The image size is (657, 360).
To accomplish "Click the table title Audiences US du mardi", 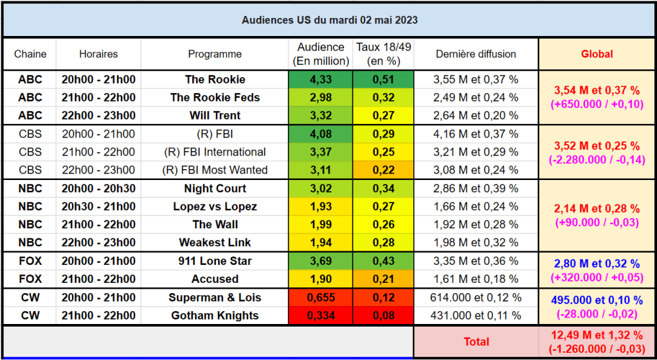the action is coord(300,20).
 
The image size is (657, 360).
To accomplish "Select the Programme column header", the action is coord(215,54).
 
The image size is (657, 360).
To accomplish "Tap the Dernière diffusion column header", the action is coord(476,54).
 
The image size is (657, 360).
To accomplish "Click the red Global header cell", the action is coord(597,54).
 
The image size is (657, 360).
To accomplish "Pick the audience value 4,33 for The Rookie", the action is coord(321,80).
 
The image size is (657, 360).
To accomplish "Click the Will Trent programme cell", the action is coord(215,115).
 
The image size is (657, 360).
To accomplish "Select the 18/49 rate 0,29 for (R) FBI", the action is coord(383,134).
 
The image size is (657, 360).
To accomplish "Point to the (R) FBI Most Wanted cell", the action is coord(215,170).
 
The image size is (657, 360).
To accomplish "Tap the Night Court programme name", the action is coord(215,188).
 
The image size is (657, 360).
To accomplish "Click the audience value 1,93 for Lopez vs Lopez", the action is coord(321,206).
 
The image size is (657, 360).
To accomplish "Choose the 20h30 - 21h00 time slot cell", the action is coord(98,206).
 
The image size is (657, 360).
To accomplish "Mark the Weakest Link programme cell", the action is coord(215,242).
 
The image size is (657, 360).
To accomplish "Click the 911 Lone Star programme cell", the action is coord(215,261).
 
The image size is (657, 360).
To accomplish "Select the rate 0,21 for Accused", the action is coord(383,279).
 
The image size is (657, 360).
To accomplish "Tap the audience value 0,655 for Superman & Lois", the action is coord(321,298).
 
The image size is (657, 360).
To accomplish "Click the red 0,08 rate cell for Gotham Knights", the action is coord(383,316).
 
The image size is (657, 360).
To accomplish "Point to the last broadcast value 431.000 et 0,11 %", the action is coord(476,316).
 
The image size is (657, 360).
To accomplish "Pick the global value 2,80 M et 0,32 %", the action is coord(597,264).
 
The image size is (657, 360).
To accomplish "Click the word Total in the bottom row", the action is coord(476,342).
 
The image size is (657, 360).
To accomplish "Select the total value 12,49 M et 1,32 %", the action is coord(597,336).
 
